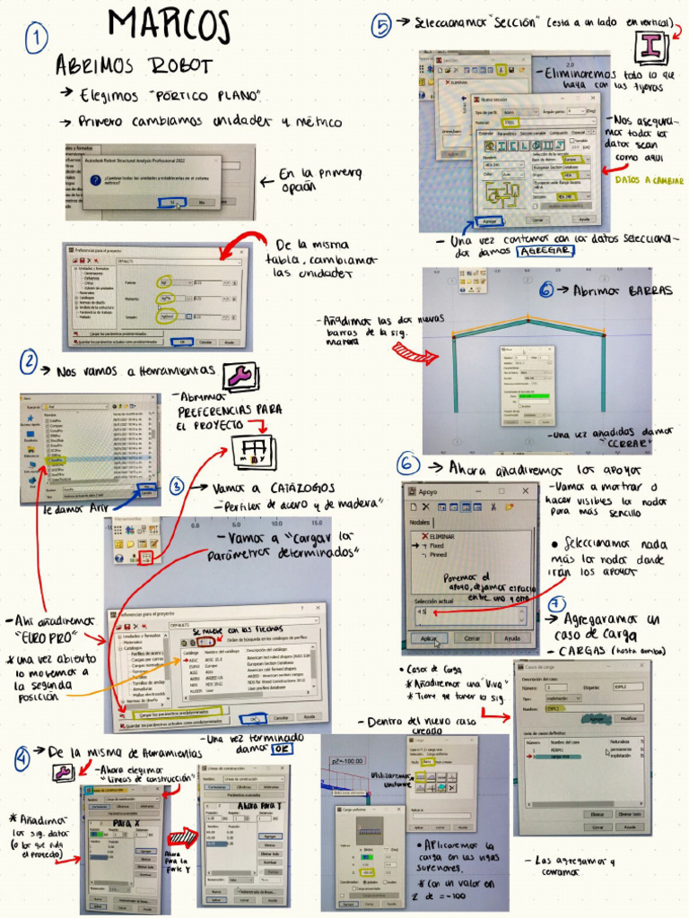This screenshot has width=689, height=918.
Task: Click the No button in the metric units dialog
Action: (x=202, y=203)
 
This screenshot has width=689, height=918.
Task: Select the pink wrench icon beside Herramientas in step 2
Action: (x=240, y=376)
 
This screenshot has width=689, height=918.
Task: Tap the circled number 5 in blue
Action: (x=382, y=27)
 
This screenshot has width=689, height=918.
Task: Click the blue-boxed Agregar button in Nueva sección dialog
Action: (x=489, y=220)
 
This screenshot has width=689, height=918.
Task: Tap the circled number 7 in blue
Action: (x=556, y=604)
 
